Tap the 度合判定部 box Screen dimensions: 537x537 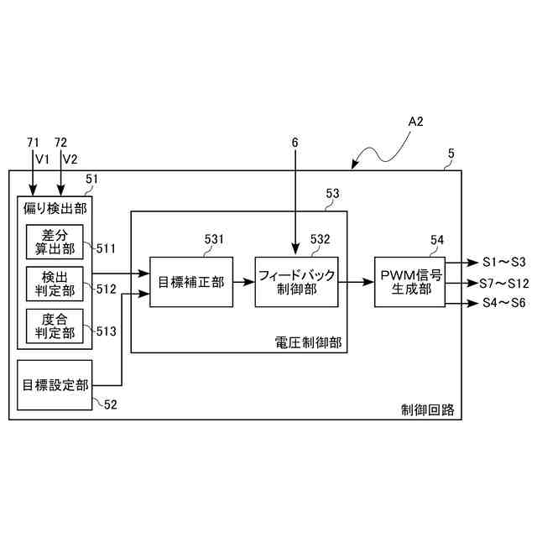click(50, 326)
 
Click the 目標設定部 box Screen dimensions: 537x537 click(54, 385)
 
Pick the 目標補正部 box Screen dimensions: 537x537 click(191, 282)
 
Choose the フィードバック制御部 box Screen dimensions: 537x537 click(297, 282)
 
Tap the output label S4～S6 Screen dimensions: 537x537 click(503, 303)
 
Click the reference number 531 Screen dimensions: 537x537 click(214, 239)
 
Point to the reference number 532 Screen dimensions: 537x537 click(321, 239)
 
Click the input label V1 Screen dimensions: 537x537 click(43, 159)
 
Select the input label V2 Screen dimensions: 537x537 click(70, 159)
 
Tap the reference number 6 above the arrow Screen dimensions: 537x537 click(295, 143)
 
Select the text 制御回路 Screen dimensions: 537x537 click(427, 409)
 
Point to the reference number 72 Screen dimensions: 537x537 click(60, 143)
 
